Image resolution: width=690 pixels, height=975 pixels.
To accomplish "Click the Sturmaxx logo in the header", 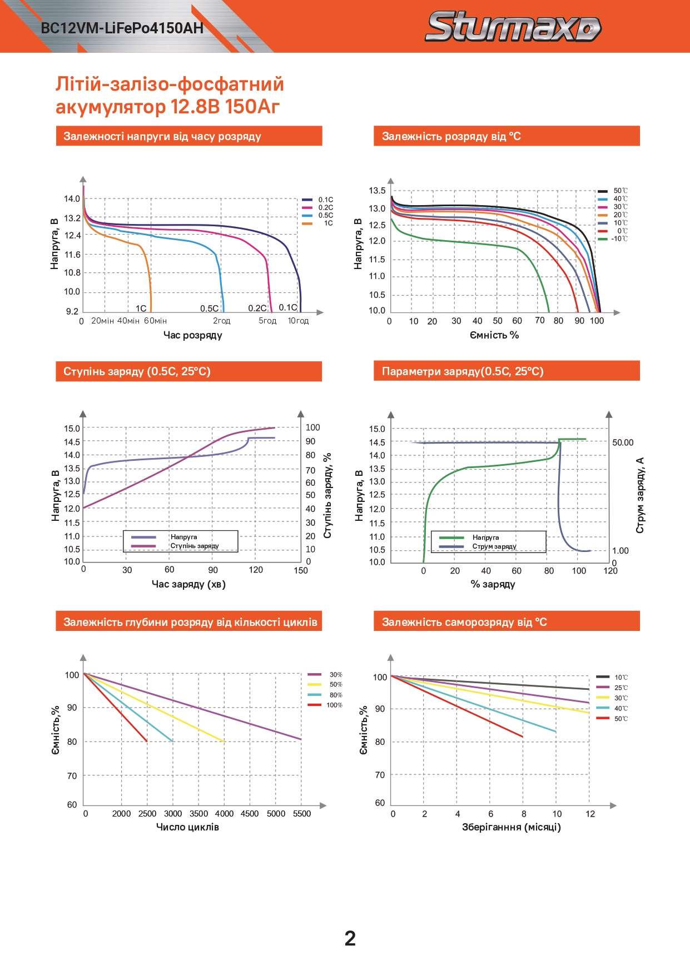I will (x=513, y=27).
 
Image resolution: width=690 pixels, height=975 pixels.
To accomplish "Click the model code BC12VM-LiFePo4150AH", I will (x=122, y=28).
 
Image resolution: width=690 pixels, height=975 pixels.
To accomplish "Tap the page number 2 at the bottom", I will (x=350, y=938).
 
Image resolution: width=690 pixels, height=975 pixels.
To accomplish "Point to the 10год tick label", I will (x=298, y=321).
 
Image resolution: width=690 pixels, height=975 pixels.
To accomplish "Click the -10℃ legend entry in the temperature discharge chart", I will (x=619, y=239).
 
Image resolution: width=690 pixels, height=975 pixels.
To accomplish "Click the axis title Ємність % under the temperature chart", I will (x=494, y=335).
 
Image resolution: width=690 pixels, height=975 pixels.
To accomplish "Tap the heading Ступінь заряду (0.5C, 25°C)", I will (x=137, y=371).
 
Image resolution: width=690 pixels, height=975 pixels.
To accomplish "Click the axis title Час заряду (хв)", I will (x=188, y=584).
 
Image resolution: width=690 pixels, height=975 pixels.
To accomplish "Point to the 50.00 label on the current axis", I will (x=623, y=442).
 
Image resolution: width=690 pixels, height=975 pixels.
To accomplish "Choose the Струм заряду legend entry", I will (x=494, y=546).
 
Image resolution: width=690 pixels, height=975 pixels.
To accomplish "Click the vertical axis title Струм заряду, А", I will (x=640, y=495).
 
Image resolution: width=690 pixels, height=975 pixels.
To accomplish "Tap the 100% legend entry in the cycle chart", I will (x=334, y=705).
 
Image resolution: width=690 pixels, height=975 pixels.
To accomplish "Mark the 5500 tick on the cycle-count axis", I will (x=302, y=814).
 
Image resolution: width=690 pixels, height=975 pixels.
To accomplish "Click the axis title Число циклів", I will (x=187, y=827).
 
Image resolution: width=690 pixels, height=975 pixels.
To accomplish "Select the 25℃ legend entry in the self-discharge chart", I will (x=620, y=688).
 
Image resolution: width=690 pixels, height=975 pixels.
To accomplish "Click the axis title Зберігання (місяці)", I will (x=511, y=827).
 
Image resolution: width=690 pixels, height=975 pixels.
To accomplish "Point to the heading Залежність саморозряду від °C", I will (x=464, y=622).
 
